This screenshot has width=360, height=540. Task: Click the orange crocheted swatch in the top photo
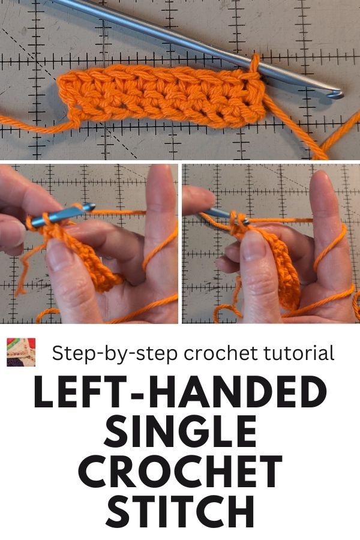click(161, 97)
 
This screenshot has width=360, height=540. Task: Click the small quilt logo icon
click(21, 352)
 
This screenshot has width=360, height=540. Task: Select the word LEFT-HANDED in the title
click(180, 392)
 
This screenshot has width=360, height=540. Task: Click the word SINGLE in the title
click(180, 431)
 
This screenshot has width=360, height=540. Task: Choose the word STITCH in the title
click(180, 509)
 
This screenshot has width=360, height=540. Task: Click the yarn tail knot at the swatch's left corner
click(75, 118)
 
